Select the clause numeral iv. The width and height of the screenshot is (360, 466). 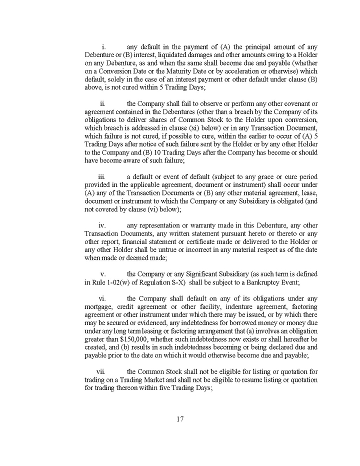pyautogui.click(x=102, y=225)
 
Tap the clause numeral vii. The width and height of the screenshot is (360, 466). pyautogui.click(x=100, y=371)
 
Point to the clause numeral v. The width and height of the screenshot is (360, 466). pyautogui.click(x=103, y=274)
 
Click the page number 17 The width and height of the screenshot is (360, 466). pyautogui.click(x=180, y=419)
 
